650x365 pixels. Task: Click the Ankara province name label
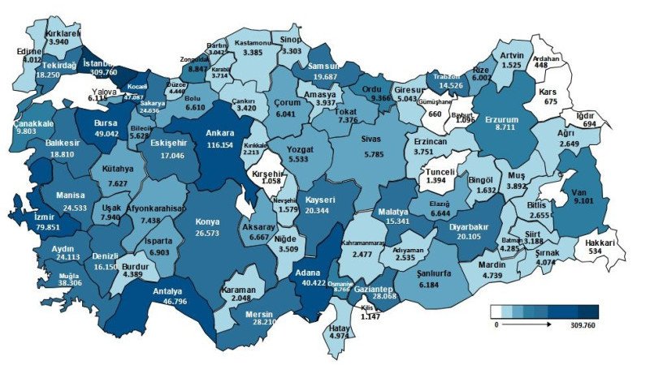click(219, 131)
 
